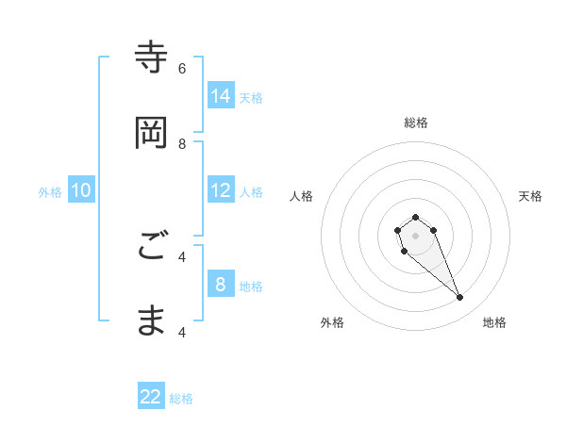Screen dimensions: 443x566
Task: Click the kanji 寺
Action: pos(152,57)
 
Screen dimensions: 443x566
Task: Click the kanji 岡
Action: pos(152,133)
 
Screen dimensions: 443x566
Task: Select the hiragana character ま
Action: pos(152,321)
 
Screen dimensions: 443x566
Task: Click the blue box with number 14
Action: pos(221,96)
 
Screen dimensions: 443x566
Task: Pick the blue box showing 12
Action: pos(221,190)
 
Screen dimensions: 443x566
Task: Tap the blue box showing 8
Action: pos(221,285)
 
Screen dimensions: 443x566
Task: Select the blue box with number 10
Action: pos(81,190)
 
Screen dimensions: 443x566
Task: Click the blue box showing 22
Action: pos(151,397)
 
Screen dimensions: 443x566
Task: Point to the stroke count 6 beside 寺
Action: pos(182,68)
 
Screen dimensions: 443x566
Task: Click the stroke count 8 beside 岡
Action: pos(182,143)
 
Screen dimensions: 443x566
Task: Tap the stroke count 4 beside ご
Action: pos(182,256)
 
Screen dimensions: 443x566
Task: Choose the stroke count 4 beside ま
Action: pos(182,332)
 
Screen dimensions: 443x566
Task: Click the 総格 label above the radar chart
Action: pos(416,123)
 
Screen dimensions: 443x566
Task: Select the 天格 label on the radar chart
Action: pos(530,196)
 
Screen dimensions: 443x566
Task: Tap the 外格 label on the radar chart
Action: pos(332,322)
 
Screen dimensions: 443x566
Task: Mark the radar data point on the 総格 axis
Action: pos(416,217)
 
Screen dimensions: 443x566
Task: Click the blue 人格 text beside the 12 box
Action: pos(251,191)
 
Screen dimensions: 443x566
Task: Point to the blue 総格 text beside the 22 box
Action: pos(181,399)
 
